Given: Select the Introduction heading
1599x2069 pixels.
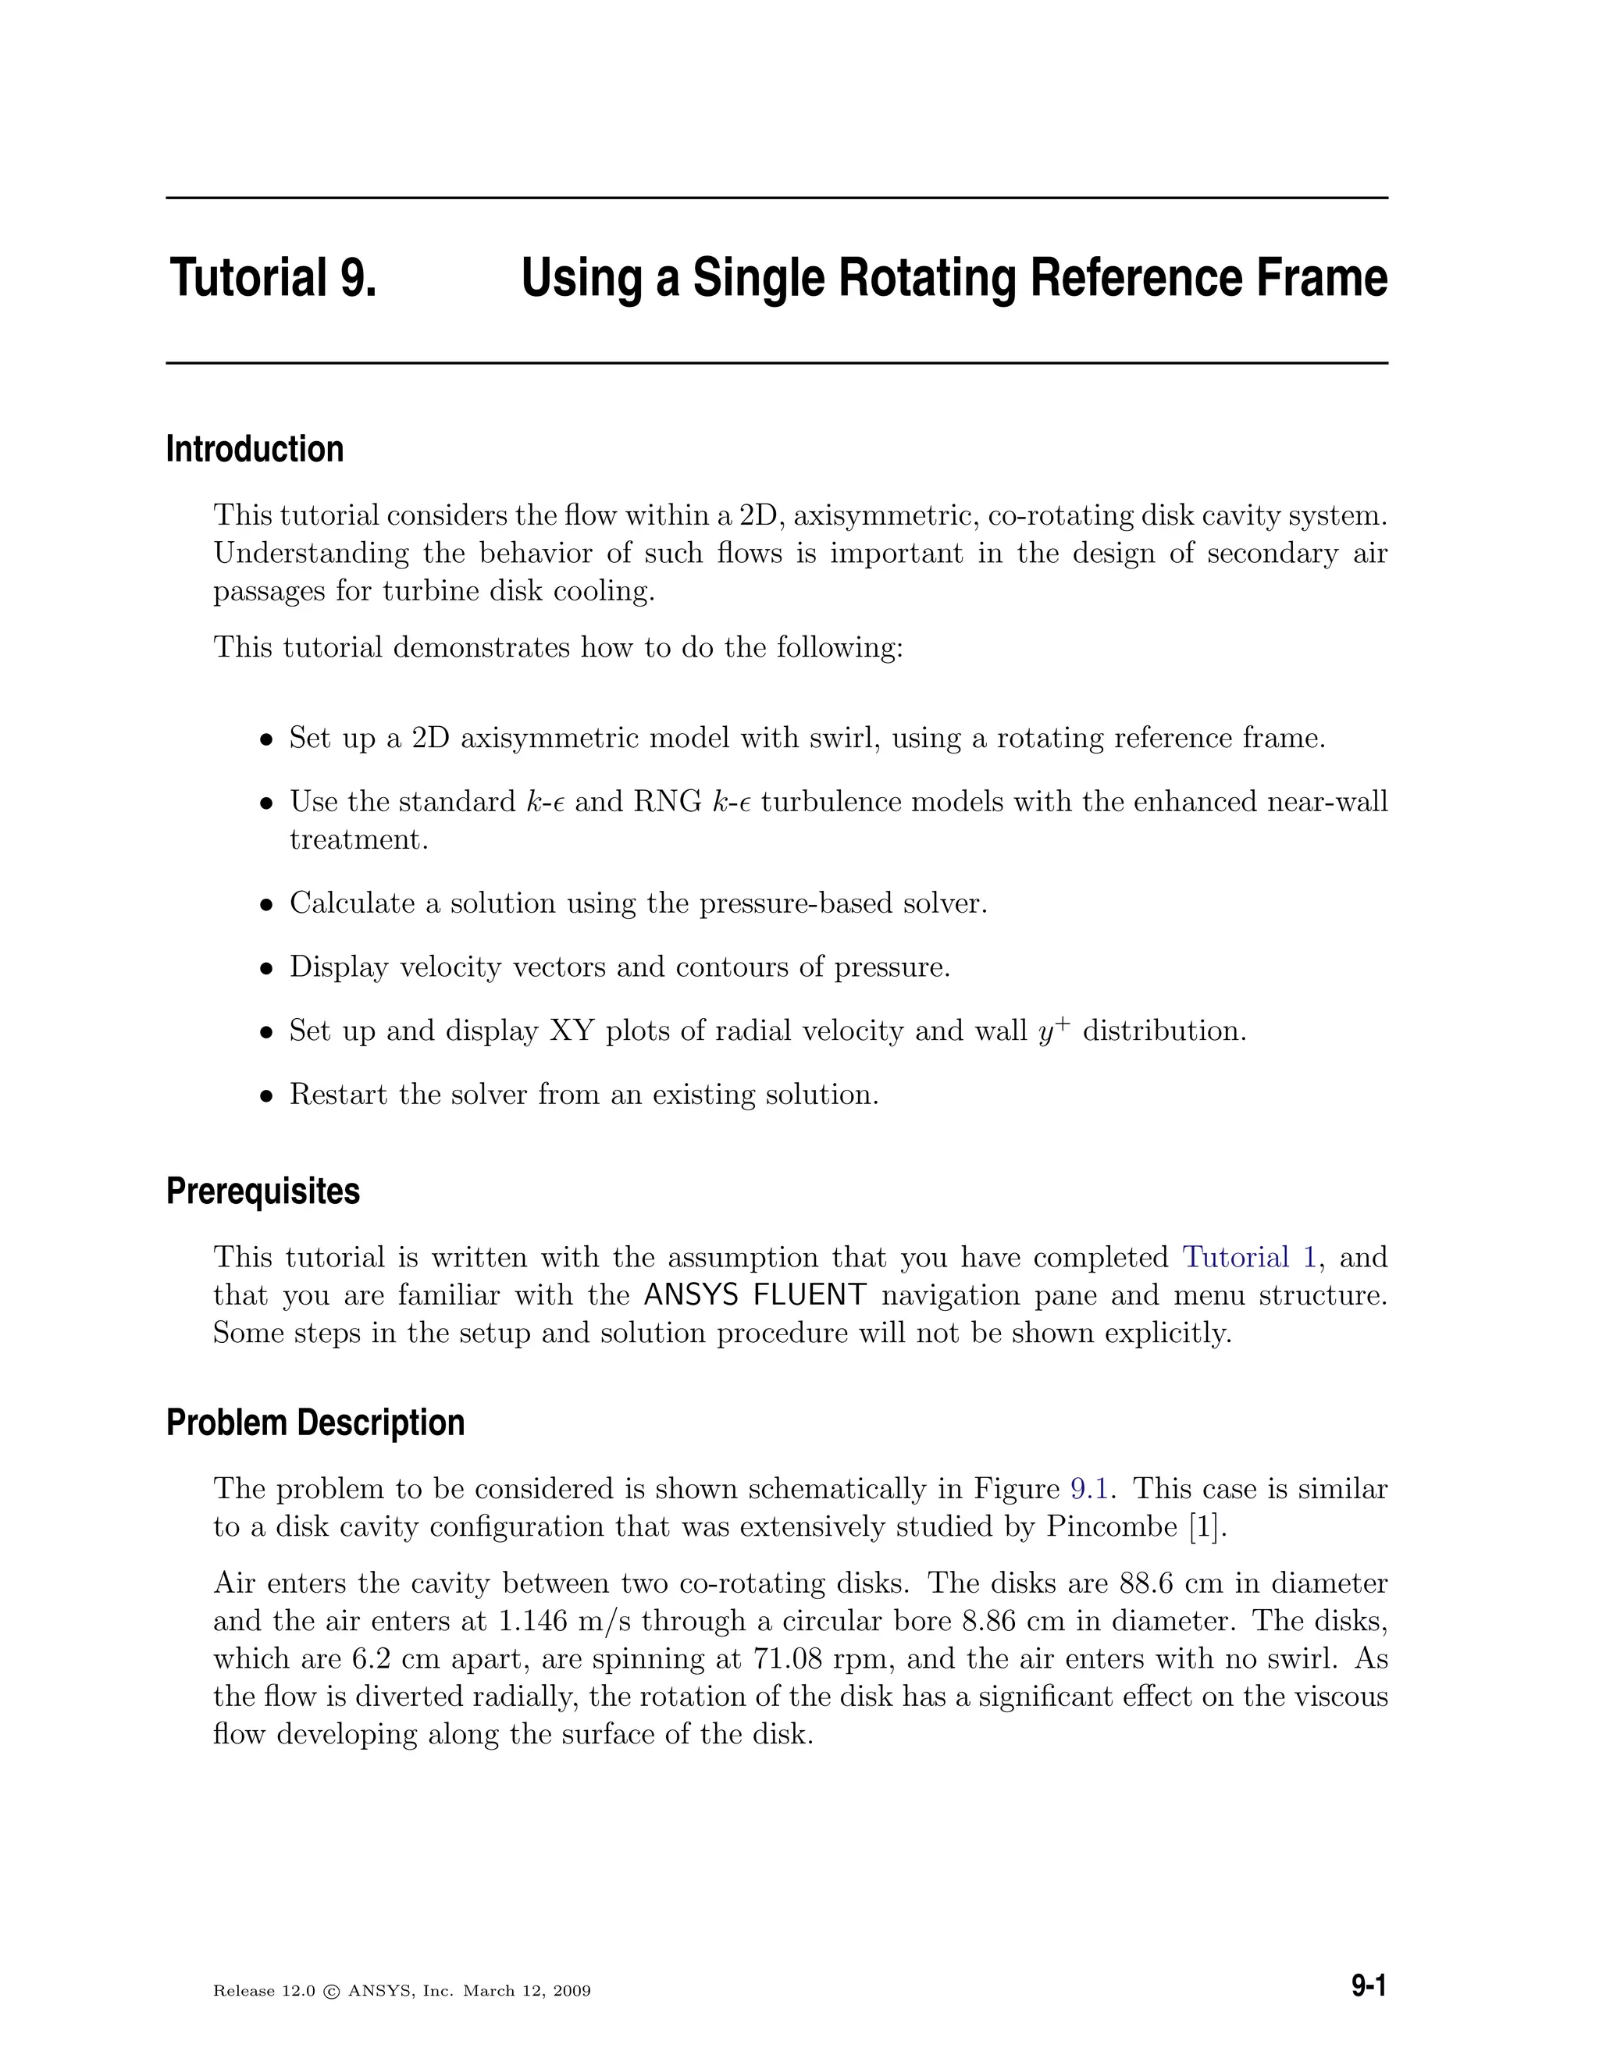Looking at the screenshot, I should [254, 449].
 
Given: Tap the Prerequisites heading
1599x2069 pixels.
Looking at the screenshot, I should [262, 1191].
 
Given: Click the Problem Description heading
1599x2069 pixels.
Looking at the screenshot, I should [315, 1422].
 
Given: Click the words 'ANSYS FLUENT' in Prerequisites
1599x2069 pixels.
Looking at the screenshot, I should [754, 1295].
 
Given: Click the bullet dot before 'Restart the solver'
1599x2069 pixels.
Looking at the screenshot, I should [267, 1096].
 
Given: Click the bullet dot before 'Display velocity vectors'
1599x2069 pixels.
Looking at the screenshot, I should [267, 968].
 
